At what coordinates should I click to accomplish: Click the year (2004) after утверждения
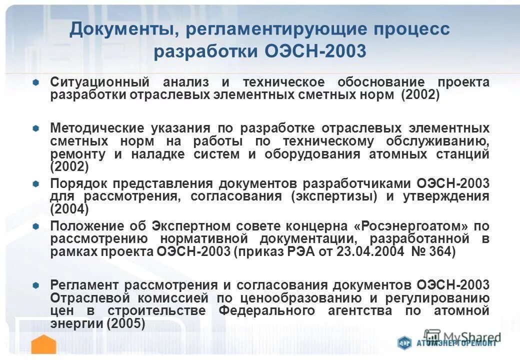click(69, 209)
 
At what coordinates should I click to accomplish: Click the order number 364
click(442, 252)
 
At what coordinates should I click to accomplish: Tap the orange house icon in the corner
click(43, 345)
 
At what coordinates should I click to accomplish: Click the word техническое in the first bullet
click(283, 82)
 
